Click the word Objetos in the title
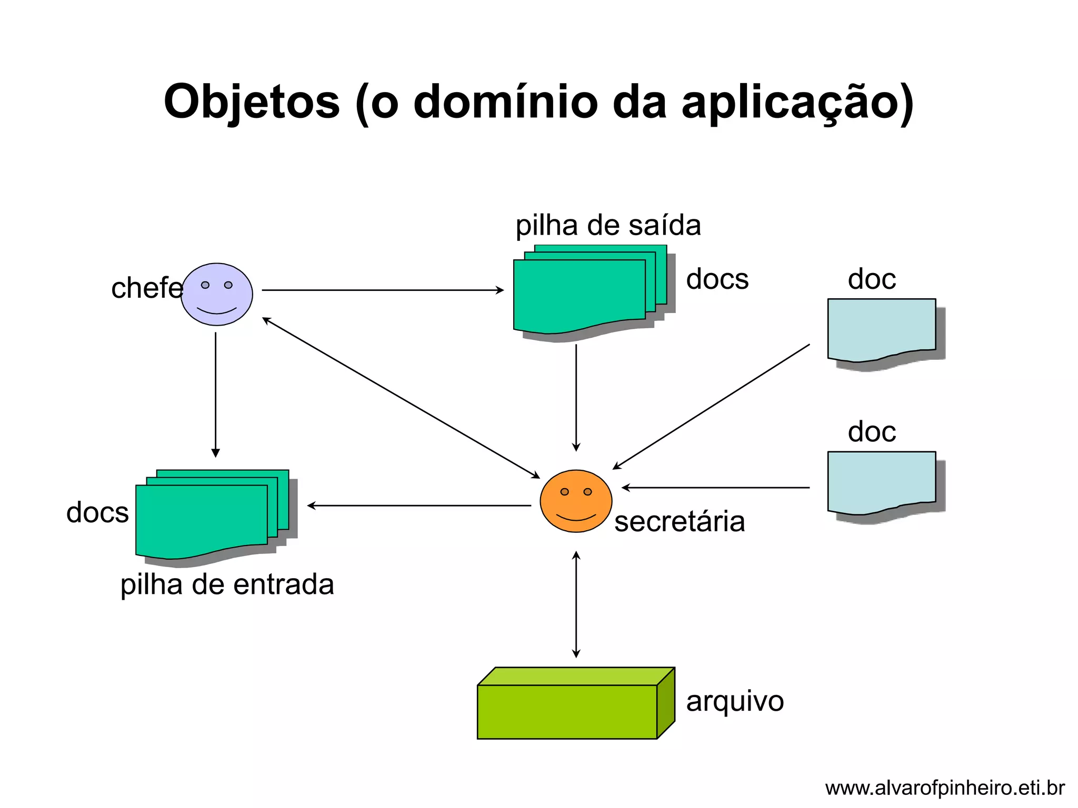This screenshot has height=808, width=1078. pos(252,102)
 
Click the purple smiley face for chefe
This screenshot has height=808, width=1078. pos(217,295)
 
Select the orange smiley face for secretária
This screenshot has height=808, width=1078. pos(576,501)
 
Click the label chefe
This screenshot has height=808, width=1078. pos(146,288)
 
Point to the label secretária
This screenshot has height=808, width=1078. pos(680,522)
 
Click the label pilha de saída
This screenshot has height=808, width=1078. pos(608,226)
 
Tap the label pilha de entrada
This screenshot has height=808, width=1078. pos(227,584)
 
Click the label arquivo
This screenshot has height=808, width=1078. pos(735,701)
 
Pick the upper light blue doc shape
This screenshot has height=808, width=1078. pos(881,329)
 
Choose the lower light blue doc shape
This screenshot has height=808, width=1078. pos(881,481)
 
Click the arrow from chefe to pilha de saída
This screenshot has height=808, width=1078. pos(383,290)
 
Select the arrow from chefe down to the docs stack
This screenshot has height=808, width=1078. pos(215,395)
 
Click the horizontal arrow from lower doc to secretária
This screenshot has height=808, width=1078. pos(716,488)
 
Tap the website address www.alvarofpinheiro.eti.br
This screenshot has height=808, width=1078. pos(945,788)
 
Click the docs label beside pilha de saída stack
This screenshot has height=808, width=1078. pos(717,279)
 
